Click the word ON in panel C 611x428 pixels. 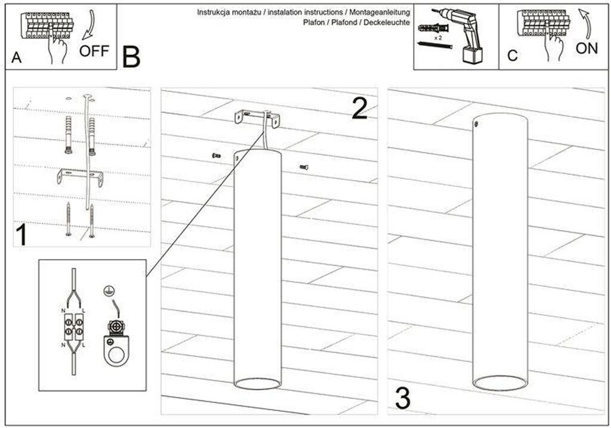pos(587,48)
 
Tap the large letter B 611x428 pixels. pos(131,57)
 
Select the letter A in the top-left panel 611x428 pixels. pos(16,58)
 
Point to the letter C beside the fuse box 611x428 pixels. pos(512,56)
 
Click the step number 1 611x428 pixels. pos(21,235)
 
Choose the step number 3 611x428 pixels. pos(403,398)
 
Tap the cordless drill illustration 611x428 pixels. pos(465,33)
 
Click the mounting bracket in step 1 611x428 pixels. pos(80,177)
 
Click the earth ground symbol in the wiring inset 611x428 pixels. pos(109,291)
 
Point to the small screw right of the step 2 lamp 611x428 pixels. pos(304,168)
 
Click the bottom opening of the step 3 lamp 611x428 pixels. pos(499,383)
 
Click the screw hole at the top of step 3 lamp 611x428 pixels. pos(476,124)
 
